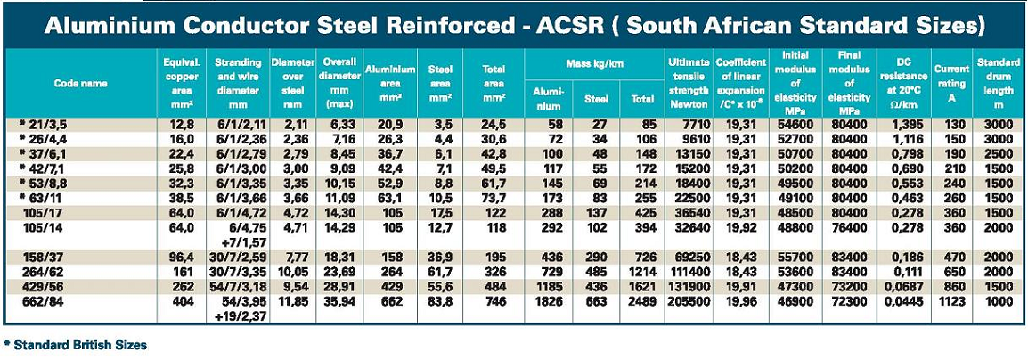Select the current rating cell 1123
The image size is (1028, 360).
click(950, 303)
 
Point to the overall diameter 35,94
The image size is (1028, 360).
click(339, 303)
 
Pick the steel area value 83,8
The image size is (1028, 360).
click(440, 303)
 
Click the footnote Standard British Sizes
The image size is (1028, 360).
click(78, 344)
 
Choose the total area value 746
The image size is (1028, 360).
click(494, 303)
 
